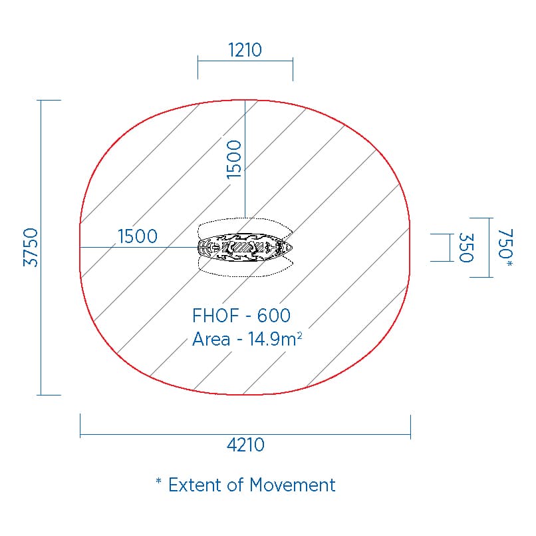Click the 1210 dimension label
(x=245, y=50)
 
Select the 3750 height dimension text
(x=31, y=247)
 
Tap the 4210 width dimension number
(x=245, y=445)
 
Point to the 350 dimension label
(x=466, y=248)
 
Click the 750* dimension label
(x=505, y=248)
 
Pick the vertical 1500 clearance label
(x=234, y=159)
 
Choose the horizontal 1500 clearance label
(x=138, y=236)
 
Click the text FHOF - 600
(x=241, y=315)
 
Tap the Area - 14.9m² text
(x=247, y=339)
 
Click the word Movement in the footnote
(x=292, y=485)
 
